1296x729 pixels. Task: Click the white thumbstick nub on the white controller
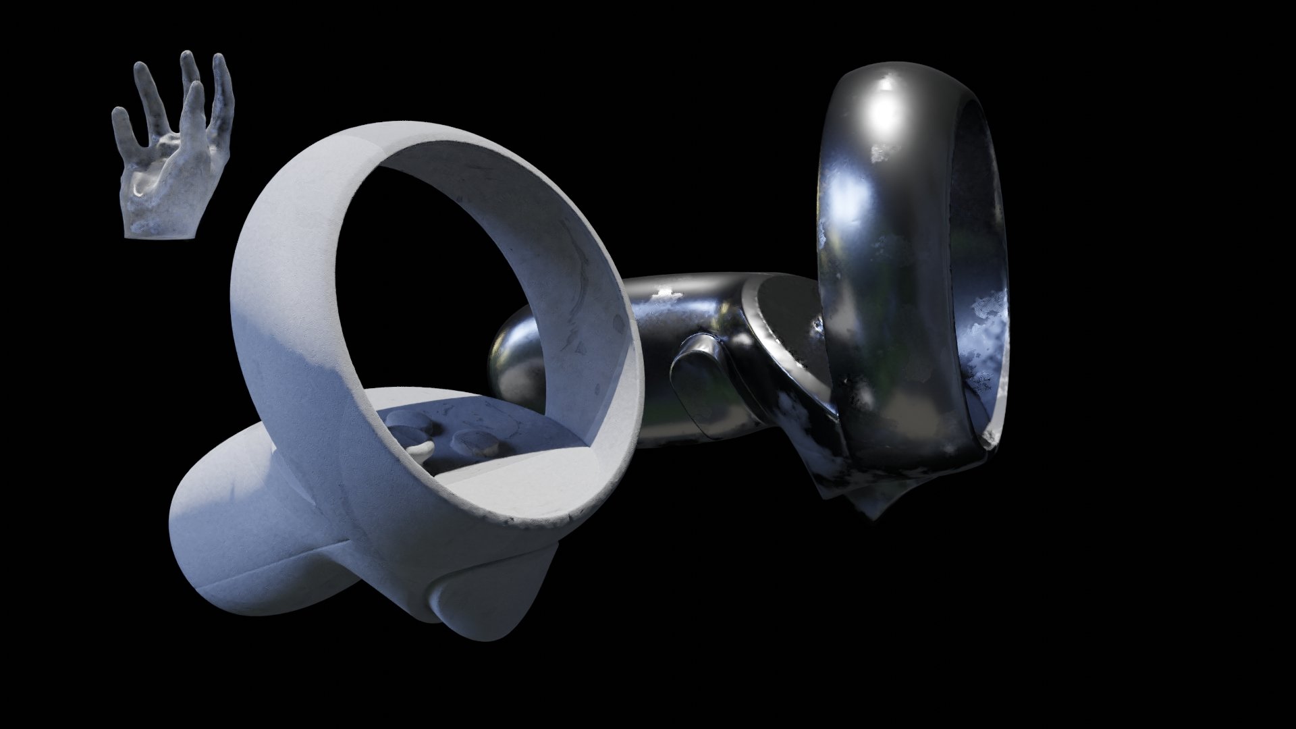point(423,448)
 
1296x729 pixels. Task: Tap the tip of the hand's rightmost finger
point(219,62)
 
